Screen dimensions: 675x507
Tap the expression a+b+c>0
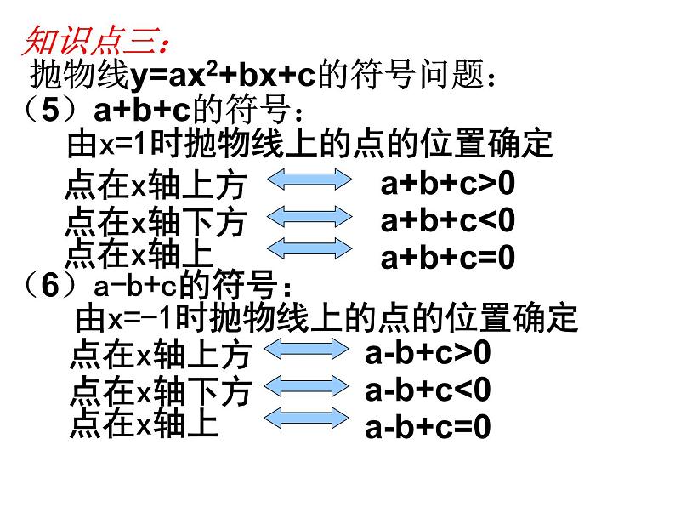pyautogui.click(x=448, y=183)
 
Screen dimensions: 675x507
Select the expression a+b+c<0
pyautogui.click(x=448, y=220)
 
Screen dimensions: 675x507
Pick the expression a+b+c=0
pyautogui.click(x=448, y=257)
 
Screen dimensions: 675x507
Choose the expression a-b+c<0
pyautogui.click(x=428, y=390)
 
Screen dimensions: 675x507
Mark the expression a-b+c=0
pyautogui.click(x=428, y=427)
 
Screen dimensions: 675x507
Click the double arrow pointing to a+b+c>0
pyautogui.click(x=309, y=182)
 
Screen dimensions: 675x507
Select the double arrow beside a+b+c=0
pyautogui.click(x=309, y=248)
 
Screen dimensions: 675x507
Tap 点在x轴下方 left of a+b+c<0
pyautogui.click(x=155, y=222)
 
